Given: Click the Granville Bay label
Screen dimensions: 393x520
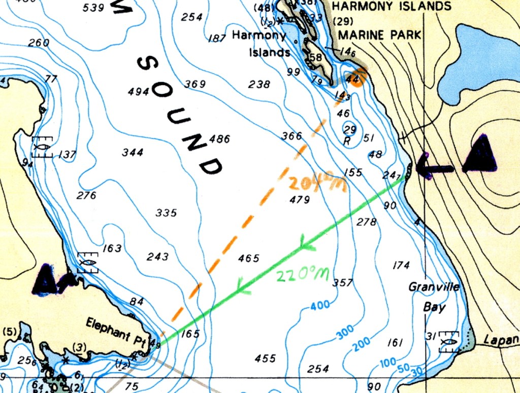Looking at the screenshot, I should click(x=434, y=297).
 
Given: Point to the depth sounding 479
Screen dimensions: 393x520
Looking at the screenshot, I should click(x=300, y=200).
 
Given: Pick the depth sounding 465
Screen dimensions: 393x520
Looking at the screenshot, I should click(x=249, y=258).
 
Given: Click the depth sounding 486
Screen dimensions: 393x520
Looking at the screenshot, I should click(x=220, y=138).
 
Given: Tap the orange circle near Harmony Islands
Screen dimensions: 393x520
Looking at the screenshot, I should click(x=358, y=78).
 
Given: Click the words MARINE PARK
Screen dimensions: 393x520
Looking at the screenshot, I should click(x=379, y=34).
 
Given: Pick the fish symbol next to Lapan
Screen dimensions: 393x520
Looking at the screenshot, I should click(x=448, y=341).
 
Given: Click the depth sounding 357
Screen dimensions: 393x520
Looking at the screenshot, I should click(x=342, y=282).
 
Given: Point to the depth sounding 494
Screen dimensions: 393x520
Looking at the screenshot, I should click(x=138, y=92).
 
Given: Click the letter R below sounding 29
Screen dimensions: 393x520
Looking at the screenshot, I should click(x=347, y=141).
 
